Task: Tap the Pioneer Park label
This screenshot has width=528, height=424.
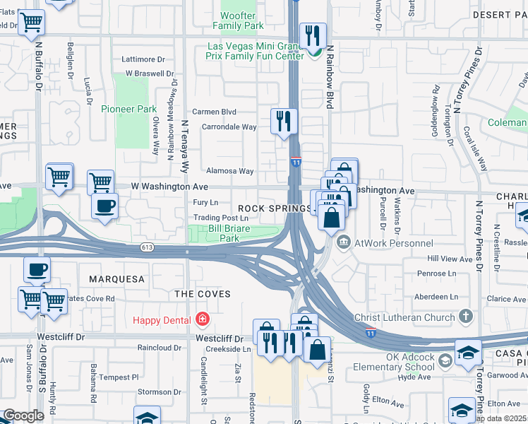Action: point(128,109)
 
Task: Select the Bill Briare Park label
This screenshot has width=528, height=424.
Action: point(229,233)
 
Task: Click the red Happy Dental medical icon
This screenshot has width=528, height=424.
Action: point(203,320)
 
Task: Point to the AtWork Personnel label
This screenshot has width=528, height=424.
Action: point(393,243)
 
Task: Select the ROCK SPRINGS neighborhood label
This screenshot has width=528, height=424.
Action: point(275,208)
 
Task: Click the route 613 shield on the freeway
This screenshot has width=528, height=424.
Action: point(147,247)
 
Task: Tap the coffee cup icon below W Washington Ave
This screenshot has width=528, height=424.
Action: point(105,206)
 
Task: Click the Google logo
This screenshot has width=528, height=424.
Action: point(23,416)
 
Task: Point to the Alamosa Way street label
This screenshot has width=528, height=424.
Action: point(229,171)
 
